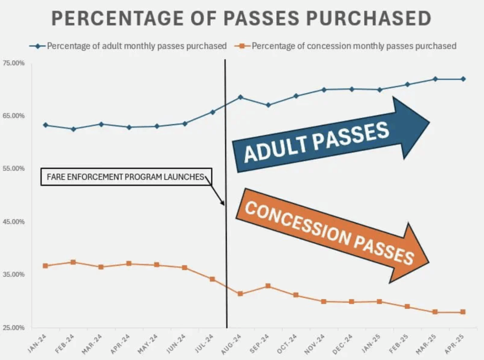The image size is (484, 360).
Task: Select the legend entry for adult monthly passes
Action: click(128, 46)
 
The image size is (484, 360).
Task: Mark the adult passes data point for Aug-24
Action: click(240, 97)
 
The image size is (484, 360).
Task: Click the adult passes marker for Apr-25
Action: click(463, 79)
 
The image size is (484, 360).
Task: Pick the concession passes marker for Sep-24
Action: click(268, 286)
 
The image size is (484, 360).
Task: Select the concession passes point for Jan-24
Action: click(45, 266)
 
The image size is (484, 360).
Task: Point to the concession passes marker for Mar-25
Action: click(435, 312)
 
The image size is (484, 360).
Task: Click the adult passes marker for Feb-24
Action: click(73, 129)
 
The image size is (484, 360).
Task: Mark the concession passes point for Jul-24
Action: click(212, 279)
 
